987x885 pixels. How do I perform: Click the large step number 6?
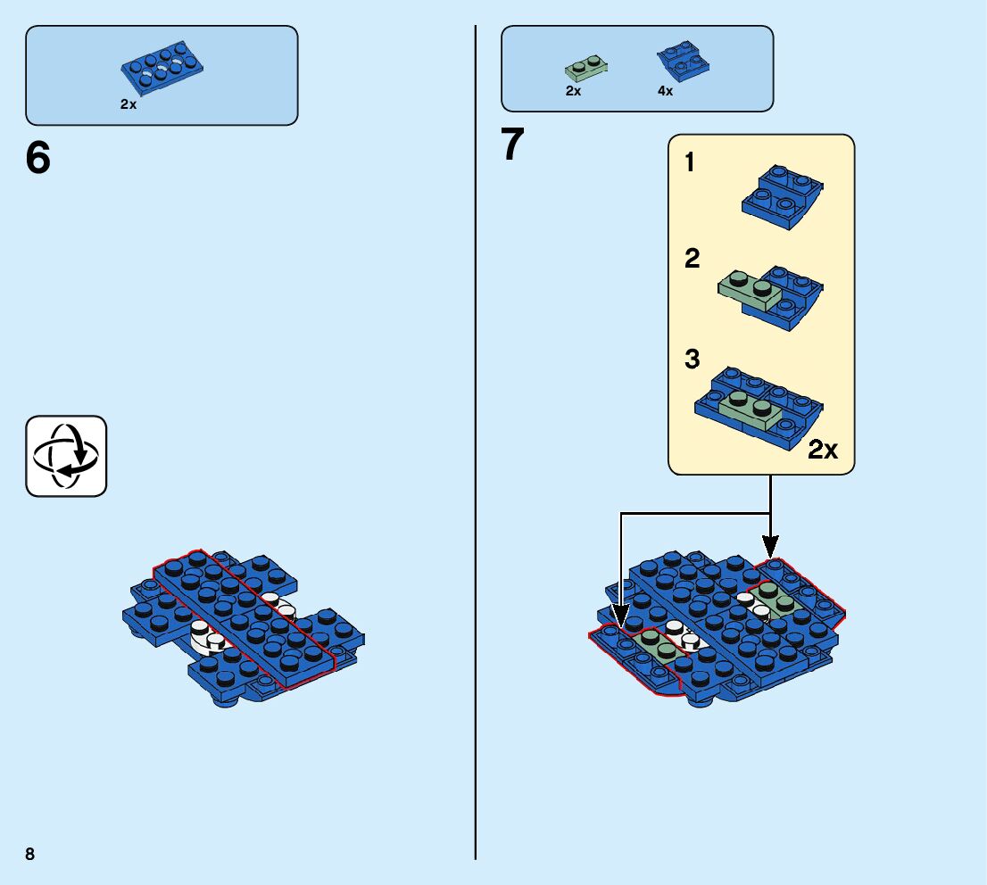38,159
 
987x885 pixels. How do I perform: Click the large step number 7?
512,145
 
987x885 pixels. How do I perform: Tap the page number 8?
30,854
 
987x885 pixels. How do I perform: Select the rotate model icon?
66,456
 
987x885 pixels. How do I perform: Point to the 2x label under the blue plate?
129,104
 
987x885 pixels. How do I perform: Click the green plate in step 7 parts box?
585,69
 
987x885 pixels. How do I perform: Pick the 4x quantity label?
665,91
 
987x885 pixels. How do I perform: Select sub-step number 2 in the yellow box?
693,260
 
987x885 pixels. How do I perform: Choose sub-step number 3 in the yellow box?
693,360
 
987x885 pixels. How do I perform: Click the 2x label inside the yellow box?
822,450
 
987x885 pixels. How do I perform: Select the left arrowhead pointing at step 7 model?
621,615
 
